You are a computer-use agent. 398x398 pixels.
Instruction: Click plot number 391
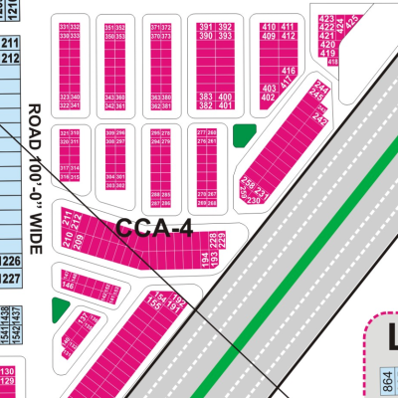pyautogui.click(x=204, y=27)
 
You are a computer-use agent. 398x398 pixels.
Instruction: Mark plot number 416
pyautogui.click(x=289, y=72)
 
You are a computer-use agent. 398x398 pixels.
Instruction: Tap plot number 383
pyautogui.click(x=204, y=96)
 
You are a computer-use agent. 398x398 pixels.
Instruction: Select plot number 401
pyautogui.click(x=225, y=104)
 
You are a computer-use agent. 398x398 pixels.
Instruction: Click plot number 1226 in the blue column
pyautogui.click(x=10, y=262)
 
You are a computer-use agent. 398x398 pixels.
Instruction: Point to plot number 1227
pyautogui.click(x=10, y=278)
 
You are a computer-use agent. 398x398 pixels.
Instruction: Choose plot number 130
pyautogui.click(x=8, y=372)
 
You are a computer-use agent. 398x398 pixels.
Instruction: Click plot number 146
pyautogui.click(x=68, y=285)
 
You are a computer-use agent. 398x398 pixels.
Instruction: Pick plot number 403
pyautogui.click(x=268, y=89)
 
